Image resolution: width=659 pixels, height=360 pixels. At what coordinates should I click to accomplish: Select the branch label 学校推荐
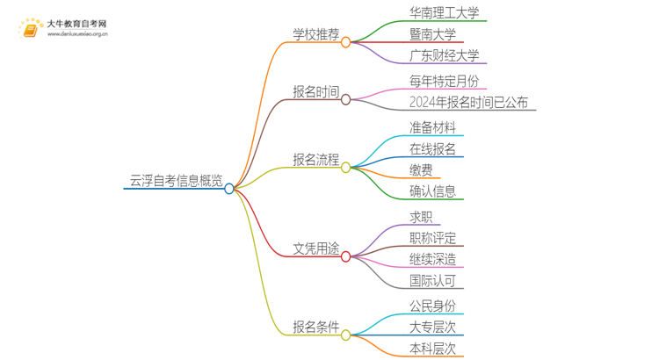[315, 35]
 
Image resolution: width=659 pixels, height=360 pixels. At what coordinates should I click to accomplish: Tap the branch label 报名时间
[315, 92]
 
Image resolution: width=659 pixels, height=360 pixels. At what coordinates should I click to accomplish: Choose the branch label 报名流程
[315, 160]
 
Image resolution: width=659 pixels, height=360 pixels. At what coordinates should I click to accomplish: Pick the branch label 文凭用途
[315, 248]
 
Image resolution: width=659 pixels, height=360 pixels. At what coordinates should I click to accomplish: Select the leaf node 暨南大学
[432, 36]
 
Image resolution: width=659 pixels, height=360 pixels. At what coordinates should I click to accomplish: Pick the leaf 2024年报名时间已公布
[469, 103]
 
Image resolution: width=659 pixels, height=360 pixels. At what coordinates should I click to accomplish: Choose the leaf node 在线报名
[432, 148]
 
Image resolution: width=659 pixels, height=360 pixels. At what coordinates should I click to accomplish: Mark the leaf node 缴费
[420, 169]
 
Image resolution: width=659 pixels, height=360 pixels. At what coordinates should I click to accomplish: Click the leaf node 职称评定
[432, 238]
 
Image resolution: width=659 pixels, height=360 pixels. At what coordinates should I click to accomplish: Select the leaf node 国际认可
[432, 281]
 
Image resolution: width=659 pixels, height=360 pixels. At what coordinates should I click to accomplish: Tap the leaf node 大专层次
[432, 327]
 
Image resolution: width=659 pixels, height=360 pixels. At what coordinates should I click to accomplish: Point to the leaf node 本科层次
[432, 349]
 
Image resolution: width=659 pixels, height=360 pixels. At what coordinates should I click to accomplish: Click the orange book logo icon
[30, 29]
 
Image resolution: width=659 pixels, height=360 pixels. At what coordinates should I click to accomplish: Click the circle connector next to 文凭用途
[345, 256]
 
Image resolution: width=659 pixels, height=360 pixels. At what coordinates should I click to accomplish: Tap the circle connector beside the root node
[229, 189]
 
